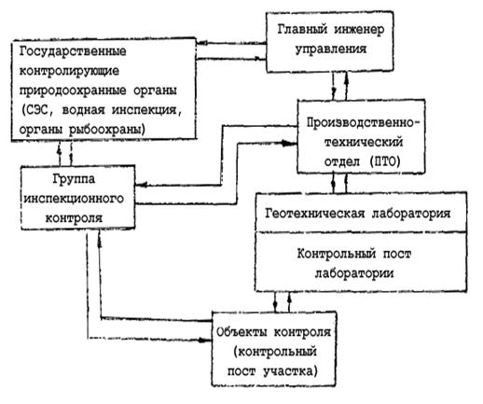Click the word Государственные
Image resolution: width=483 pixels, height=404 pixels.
coord(73,51)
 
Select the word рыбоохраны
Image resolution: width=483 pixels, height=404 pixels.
coord(106,130)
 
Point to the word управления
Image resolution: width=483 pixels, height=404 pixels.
coord(331,49)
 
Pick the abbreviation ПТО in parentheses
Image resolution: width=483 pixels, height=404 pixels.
coord(385,161)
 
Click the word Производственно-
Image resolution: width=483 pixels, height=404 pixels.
coord(363,122)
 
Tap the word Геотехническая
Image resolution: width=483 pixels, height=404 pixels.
coord(314,214)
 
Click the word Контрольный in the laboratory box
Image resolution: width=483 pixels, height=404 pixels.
coord(337,255)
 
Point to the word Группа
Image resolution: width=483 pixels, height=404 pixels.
coord(74,179)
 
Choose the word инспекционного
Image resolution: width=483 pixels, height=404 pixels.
coord(74,199)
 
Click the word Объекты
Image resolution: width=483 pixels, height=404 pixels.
coord(241,332)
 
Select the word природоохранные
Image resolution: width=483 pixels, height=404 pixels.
coord(73,91)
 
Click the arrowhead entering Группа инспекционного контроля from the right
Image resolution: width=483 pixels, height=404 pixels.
coord(141,186)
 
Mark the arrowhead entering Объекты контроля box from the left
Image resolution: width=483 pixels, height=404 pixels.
coord(206,340)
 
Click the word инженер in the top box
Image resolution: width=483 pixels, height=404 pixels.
coord(359,30)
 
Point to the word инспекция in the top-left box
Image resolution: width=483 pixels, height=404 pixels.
coord(146,110)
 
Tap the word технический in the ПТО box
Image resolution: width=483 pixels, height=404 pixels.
coord(363,142)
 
